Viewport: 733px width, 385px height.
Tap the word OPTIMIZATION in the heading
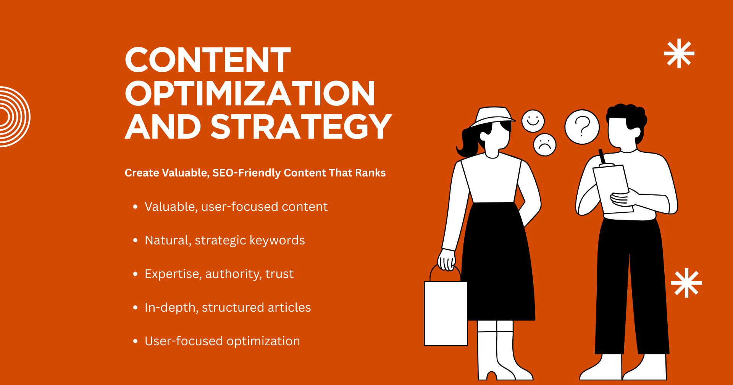[x=250, y=93]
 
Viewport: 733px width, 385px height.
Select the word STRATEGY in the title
[x=301, y=127]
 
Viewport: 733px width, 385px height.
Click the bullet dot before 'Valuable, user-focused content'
[x=135, y=207]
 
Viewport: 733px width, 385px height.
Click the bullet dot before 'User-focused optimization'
[x=135, y=341]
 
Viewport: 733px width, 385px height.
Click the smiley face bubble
[x=533, y=121]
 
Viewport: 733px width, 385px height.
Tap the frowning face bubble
[x=545, y=144]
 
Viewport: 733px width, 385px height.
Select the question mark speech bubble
[x=582, y=127]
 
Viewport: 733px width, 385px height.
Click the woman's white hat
[x=492, y=116]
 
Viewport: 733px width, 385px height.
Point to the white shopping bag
[x=446, y=313]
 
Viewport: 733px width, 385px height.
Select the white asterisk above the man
[x=679, y=54]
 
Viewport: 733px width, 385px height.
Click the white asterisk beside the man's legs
[x=686, y=283]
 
